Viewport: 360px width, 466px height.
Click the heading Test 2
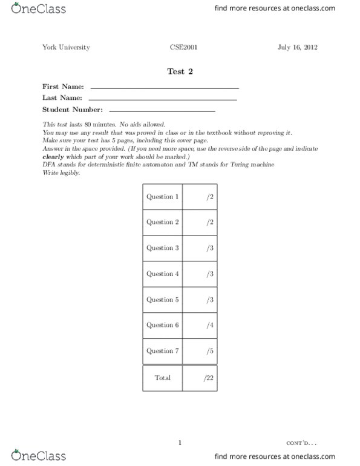[x=180, y=71]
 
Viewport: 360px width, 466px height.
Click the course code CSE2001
[x=180, y=47]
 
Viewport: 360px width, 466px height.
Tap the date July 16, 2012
[x=298, y=47]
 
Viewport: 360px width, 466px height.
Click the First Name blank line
[x=164, y=88]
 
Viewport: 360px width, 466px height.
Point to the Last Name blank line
[x=163, y=99]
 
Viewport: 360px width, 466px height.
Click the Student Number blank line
[x=162, y=111]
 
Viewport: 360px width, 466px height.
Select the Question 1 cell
[x=163, y=197]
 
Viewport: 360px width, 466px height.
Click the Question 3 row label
[x=163, y=248]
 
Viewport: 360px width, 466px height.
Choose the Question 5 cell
[x=163, y=300]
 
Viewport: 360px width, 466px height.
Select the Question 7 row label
[x=163, y=351]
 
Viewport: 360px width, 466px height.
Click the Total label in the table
[x=163, y=378]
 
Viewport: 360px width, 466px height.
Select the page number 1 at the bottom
[x=180, y=442]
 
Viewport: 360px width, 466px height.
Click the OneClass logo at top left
[x=34, y=10]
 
